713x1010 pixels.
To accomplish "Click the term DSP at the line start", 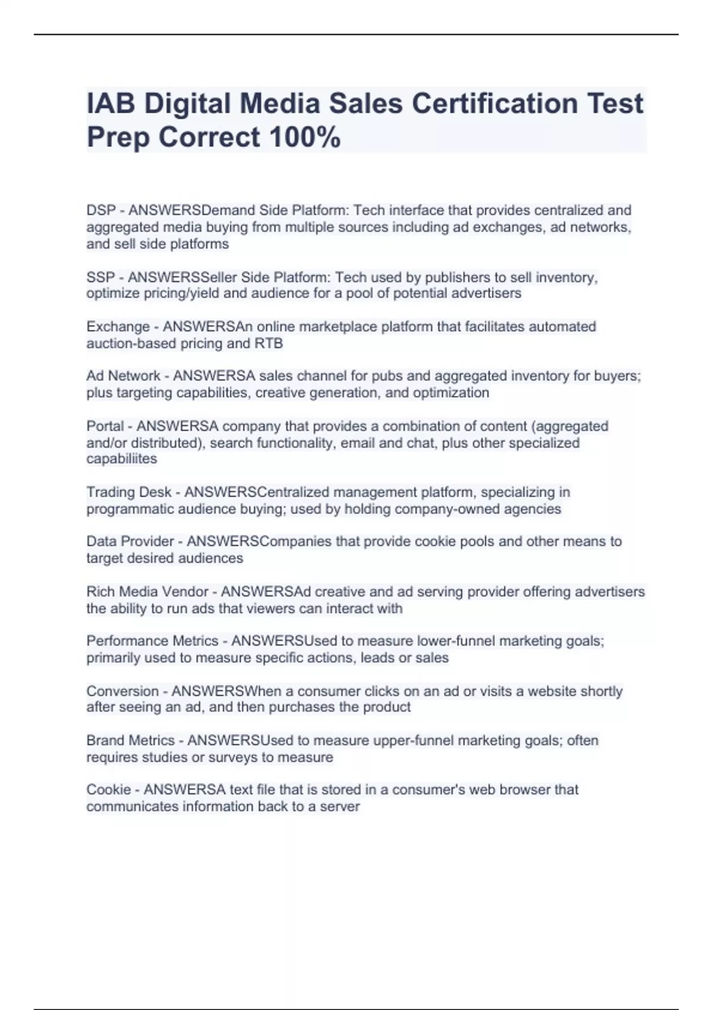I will pos(100,210).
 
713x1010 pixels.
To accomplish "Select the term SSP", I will pos(100,277).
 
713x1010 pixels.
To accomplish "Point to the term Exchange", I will pos(118,327).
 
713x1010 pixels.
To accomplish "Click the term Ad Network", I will pos(123,376).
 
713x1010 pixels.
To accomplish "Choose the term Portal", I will pos(105,426).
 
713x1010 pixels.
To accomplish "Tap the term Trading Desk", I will pos(128,492).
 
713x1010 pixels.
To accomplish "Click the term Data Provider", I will pos(130,541).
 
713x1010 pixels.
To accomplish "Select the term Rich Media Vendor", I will pos(147,592).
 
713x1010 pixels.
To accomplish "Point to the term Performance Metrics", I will pos(152,641).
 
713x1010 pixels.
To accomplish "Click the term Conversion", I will pos(122,691).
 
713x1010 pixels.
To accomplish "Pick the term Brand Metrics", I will pos(130,740).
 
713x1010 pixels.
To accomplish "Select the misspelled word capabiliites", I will pos(121,459).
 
